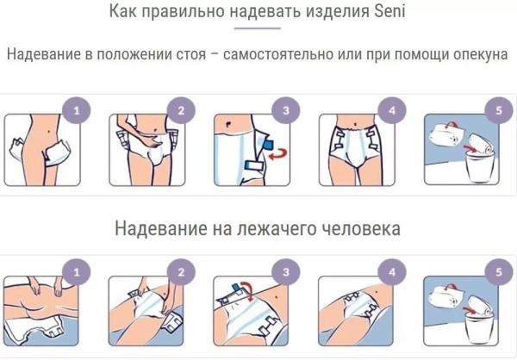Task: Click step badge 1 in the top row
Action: coord(78,111)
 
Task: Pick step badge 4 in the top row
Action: coord(392,111)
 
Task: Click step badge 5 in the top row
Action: coord(495,111)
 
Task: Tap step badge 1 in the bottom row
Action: coord(78,274)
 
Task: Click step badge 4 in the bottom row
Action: coord(392,274)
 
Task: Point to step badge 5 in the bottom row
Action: coord(495,274)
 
